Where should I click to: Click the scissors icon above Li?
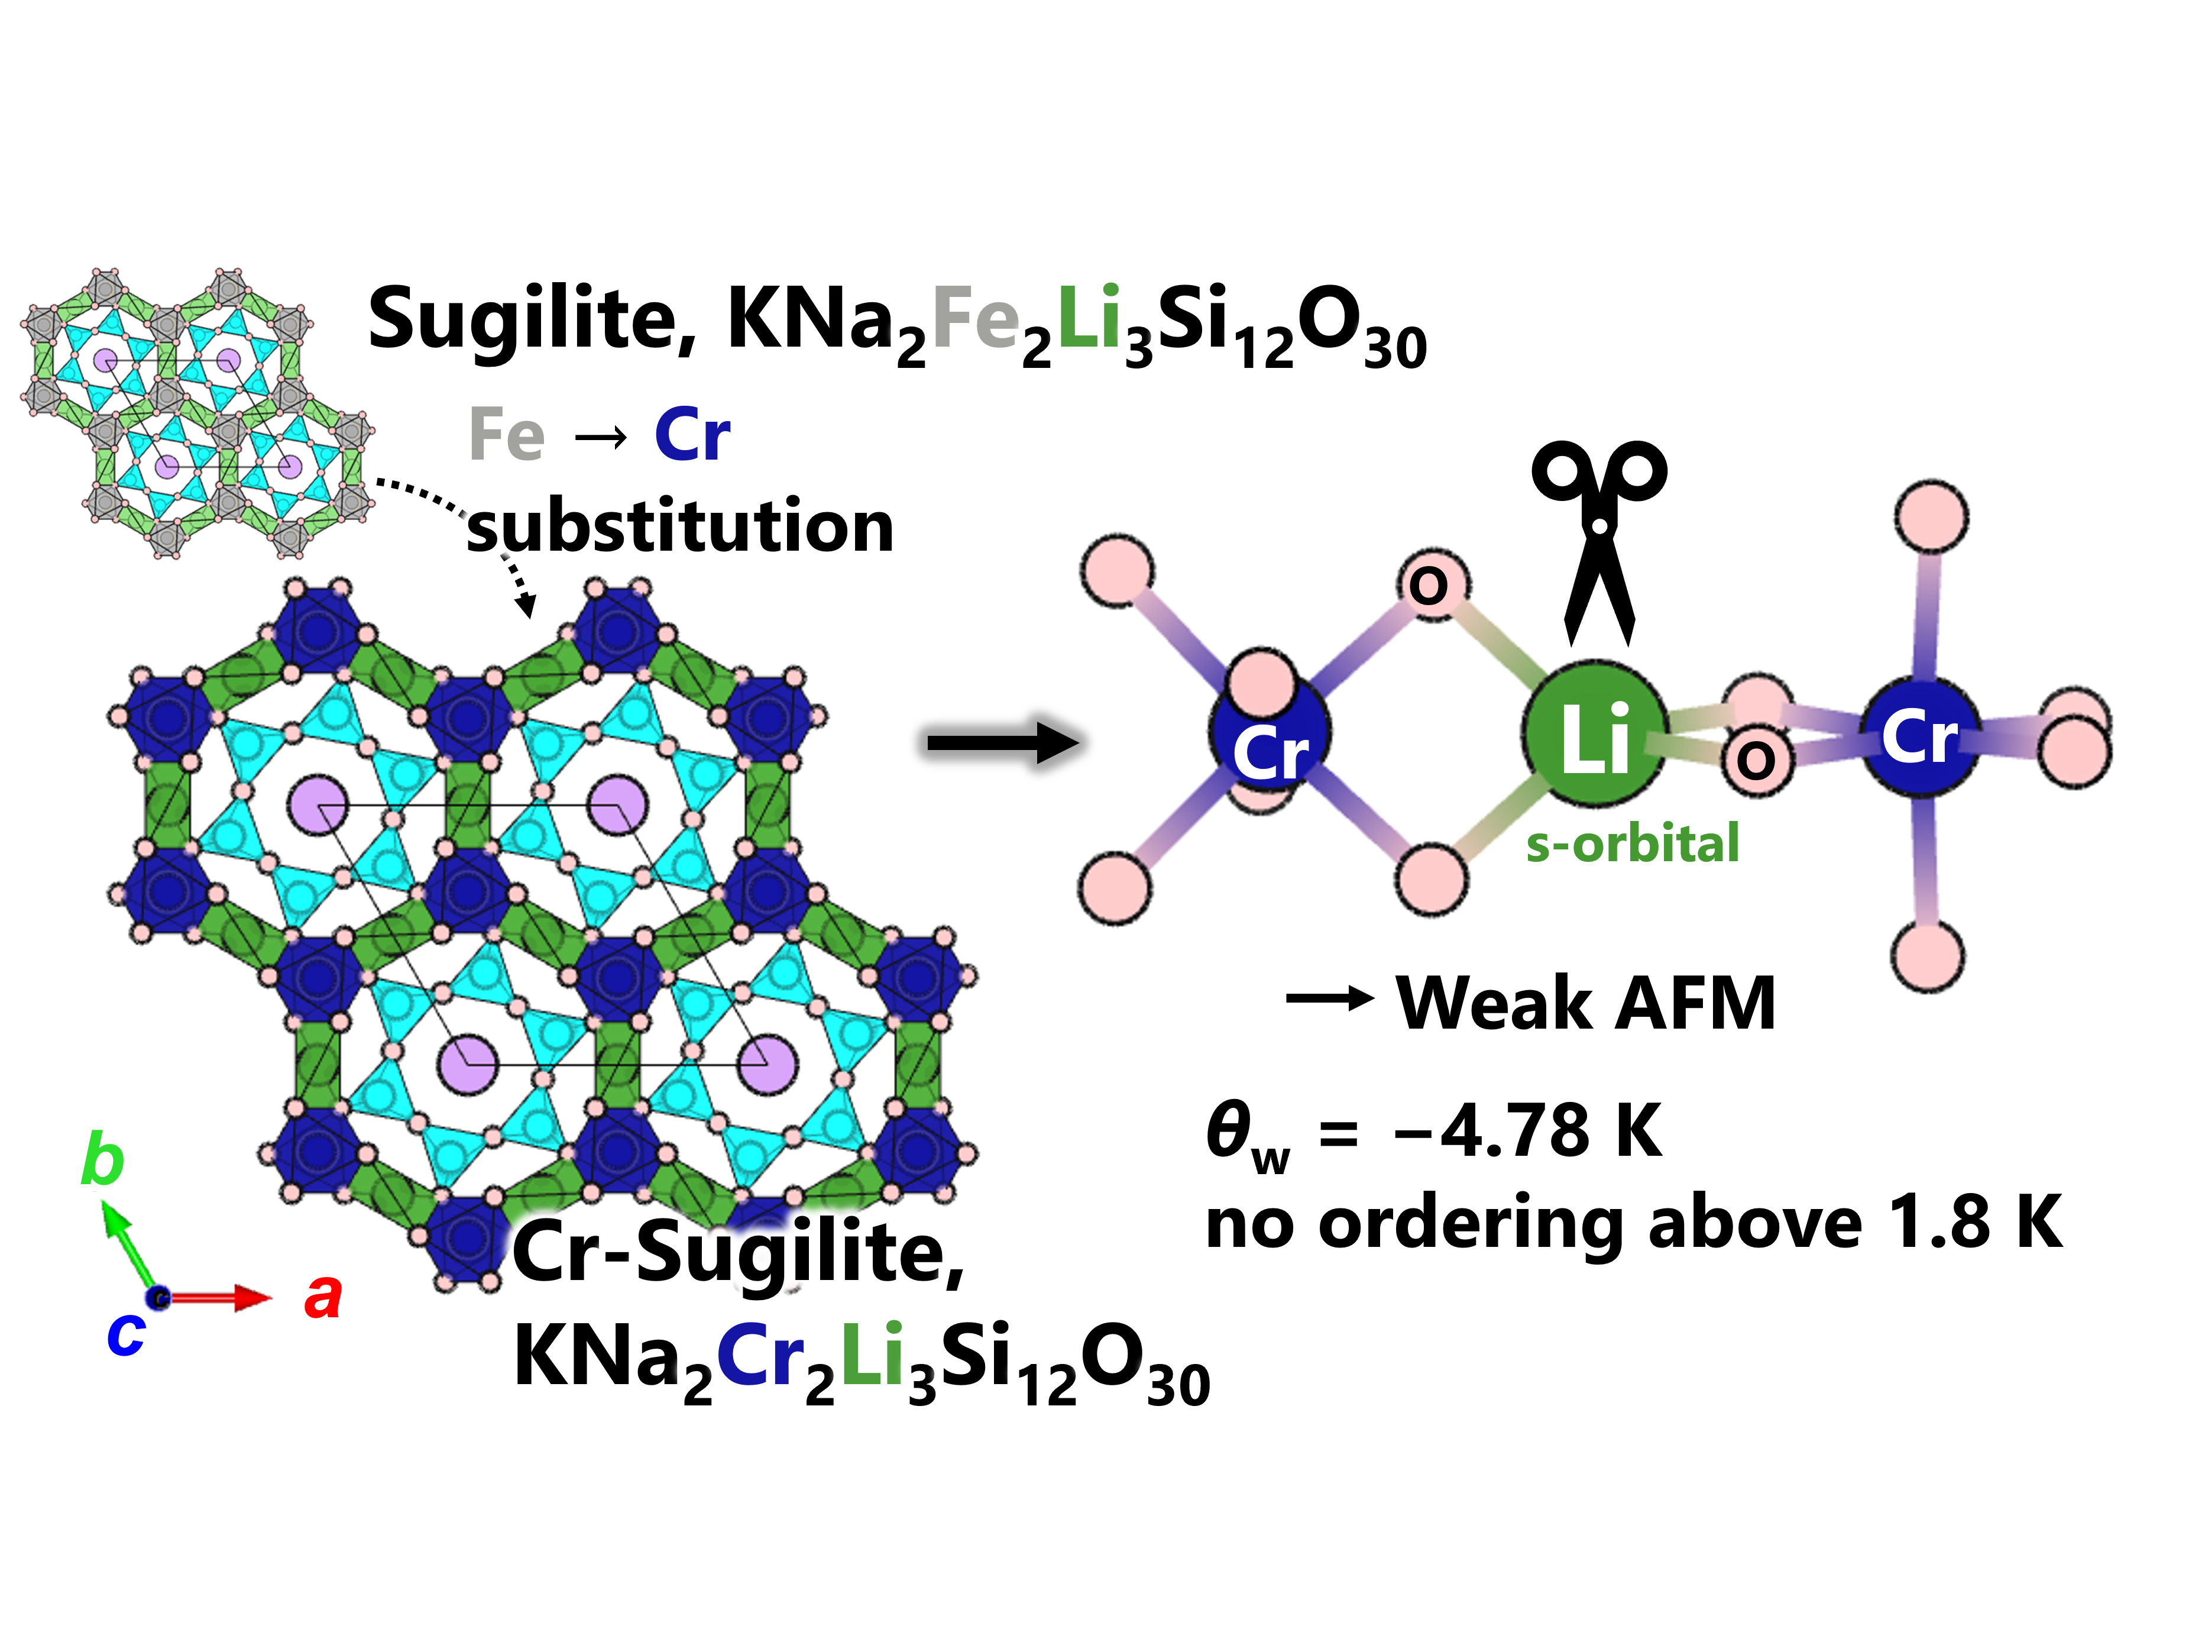pyautogui.click(x=1598, y=542)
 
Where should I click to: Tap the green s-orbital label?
pyautogui.click(x=1632, y=843)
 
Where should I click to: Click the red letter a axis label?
pyautogui.click(x=323, y=1297)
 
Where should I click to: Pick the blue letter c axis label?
pyautogui.click(x=126, y=1333)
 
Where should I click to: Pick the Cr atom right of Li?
pyautogui.click(x=1921, y=735)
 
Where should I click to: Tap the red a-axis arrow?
pyautogui.click(x=216, y=1298)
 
